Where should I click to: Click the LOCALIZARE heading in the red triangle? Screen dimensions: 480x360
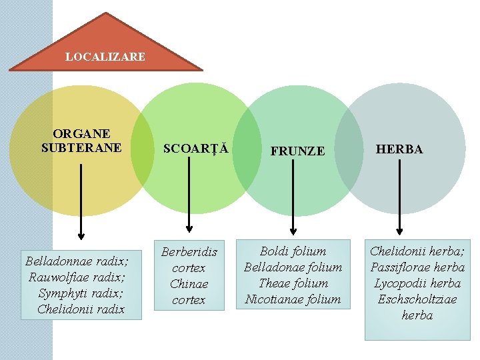point(105,57)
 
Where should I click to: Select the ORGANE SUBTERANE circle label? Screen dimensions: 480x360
point(81,141)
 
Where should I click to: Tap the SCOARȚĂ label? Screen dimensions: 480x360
point(197,149)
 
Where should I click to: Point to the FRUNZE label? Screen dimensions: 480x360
point(297,151)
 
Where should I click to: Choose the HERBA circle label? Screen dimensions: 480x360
point(399,149)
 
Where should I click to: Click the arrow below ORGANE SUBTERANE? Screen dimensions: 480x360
point(81,200)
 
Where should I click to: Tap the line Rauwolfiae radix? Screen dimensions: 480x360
point(77,276)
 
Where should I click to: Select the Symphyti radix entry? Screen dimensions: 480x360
point(80,293)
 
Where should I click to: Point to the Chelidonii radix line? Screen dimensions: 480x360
point(81,309)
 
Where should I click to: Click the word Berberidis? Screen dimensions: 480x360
point(189,252)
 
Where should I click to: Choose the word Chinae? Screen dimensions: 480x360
point(189,284)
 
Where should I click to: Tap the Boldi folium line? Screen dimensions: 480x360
point(293,251)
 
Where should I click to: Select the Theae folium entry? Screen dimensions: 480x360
point(293,283)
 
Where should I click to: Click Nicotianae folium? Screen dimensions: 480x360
point(293,299)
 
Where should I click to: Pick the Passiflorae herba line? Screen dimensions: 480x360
point(417,267)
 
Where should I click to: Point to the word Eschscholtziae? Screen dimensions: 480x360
point(417,299)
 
